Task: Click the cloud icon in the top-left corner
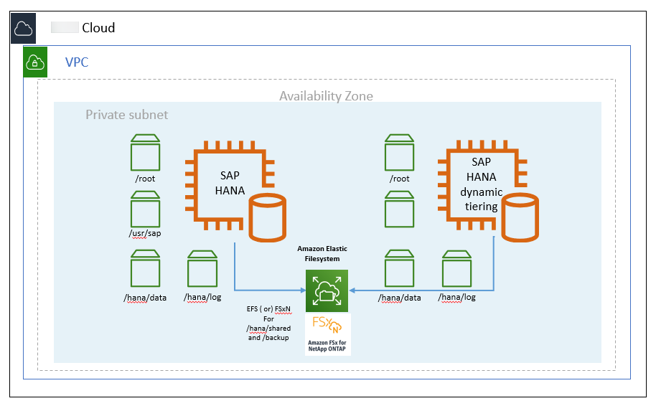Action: click(x=23, y=29)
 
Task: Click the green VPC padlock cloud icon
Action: click(x=35, y=62)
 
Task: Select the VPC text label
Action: click(x=77, y=62)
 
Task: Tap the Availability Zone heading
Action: click(x=326, y=96)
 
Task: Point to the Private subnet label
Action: click(x=126, y=115)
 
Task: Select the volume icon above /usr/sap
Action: click(x=146, y=209)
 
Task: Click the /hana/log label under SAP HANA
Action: click(x=203, y=297)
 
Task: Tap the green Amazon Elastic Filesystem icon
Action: click(x=327, y=291)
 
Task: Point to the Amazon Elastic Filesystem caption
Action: click(x=327, y=253)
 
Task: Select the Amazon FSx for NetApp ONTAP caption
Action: click(x=327, y=346)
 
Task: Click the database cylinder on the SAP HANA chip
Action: click(x=268, y=220)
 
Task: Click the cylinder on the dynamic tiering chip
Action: click(x=520, y=220)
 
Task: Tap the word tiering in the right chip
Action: click(x=481, y=207)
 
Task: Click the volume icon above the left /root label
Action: click(x=146, y=151)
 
